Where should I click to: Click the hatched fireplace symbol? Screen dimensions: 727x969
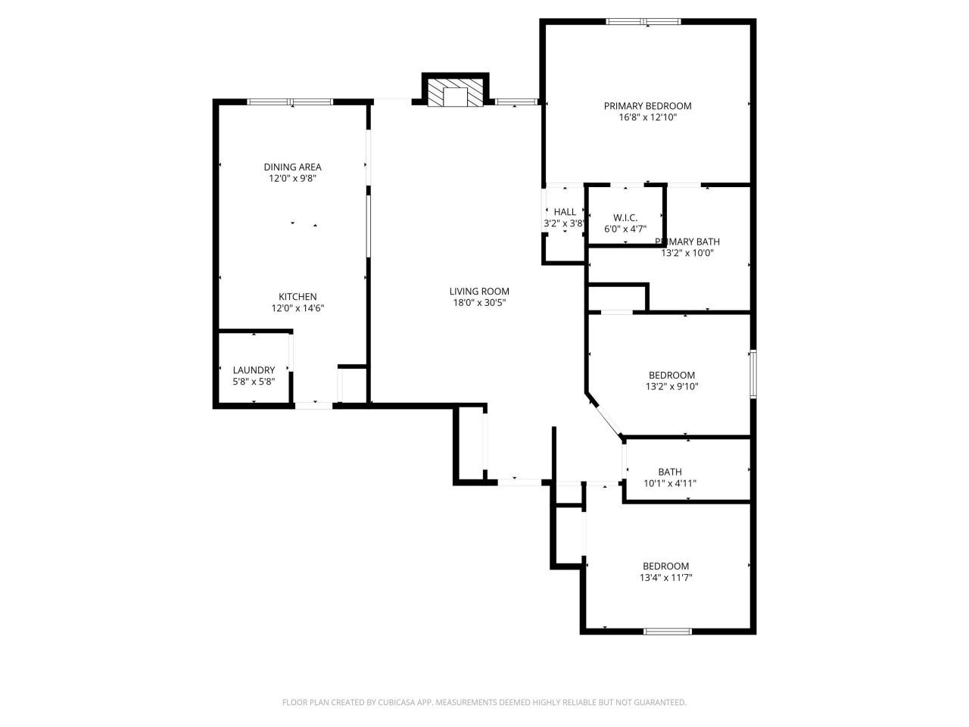(x=454, y=92)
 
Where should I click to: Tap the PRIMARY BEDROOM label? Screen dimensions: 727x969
(x=647, y=106)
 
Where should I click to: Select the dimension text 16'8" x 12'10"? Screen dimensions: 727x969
(x=647, y=117)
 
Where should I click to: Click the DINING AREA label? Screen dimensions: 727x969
(x=292, y=167)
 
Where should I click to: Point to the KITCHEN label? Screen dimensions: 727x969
(x=298, y=297)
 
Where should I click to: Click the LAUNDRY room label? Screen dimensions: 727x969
(x=254, y=370)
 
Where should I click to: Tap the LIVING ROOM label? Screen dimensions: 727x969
(x=479, y=292)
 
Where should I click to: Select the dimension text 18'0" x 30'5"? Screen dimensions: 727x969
(x=479, y=303)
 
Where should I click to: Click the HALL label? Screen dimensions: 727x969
(x=565, y=212)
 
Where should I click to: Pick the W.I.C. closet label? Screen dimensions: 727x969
(x=625, y=217)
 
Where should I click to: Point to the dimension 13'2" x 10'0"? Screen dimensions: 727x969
(x=687, y=254)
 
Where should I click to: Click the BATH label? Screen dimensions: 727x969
(x=670, y=472)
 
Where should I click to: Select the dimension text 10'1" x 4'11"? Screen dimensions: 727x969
(x=670, y=483)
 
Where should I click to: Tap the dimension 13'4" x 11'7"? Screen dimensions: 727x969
(x=666, y=578)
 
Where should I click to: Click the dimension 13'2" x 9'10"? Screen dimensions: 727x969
(x=671, y=386)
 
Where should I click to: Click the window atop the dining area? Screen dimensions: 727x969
(x=291, y=101)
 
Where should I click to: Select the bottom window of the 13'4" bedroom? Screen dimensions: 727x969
(x=667, y=630)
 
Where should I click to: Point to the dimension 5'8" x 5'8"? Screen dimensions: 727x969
(x=254, y=382)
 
